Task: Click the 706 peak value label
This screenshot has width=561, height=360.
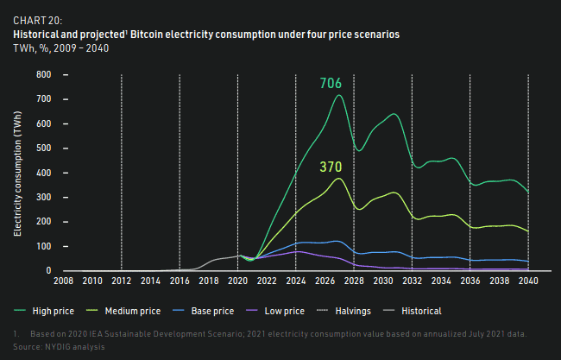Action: tap(331, 84)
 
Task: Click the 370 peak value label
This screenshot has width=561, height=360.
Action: tap(331, 167)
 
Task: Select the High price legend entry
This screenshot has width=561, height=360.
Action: tap(47, 311)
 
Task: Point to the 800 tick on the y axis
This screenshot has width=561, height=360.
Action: tap(43, 75)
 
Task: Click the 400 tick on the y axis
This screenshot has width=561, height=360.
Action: tap(43, 173)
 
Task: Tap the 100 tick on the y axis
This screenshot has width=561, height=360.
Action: tap(43, 246)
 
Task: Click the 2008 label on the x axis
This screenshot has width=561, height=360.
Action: tap(63, 281)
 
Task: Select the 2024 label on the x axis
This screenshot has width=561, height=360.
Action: tap(295, 281)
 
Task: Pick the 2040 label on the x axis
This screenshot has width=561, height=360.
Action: tap(527, 281)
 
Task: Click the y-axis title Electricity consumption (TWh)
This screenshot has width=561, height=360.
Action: tap(18, 173)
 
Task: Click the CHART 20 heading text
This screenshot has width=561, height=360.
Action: tap(37, 19)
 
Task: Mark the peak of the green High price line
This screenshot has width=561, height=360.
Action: tap(339, 95)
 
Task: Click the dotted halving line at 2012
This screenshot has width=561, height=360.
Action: tap(121, 173)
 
